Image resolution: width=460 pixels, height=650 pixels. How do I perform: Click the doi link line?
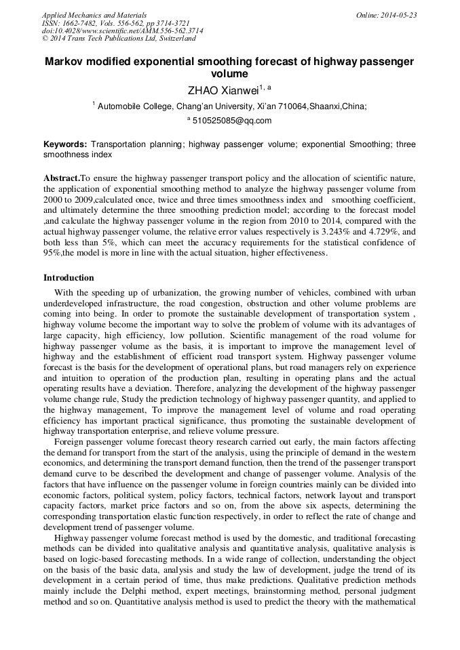(x=122, y=31)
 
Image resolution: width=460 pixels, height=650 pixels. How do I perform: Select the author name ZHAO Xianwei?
(x=220, y=89)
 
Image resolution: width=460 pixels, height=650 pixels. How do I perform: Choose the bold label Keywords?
(x=65, y=144)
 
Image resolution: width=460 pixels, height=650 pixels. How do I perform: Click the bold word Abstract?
(x=61, y=178)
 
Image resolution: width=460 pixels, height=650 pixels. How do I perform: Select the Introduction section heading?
(x=69, y=278)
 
